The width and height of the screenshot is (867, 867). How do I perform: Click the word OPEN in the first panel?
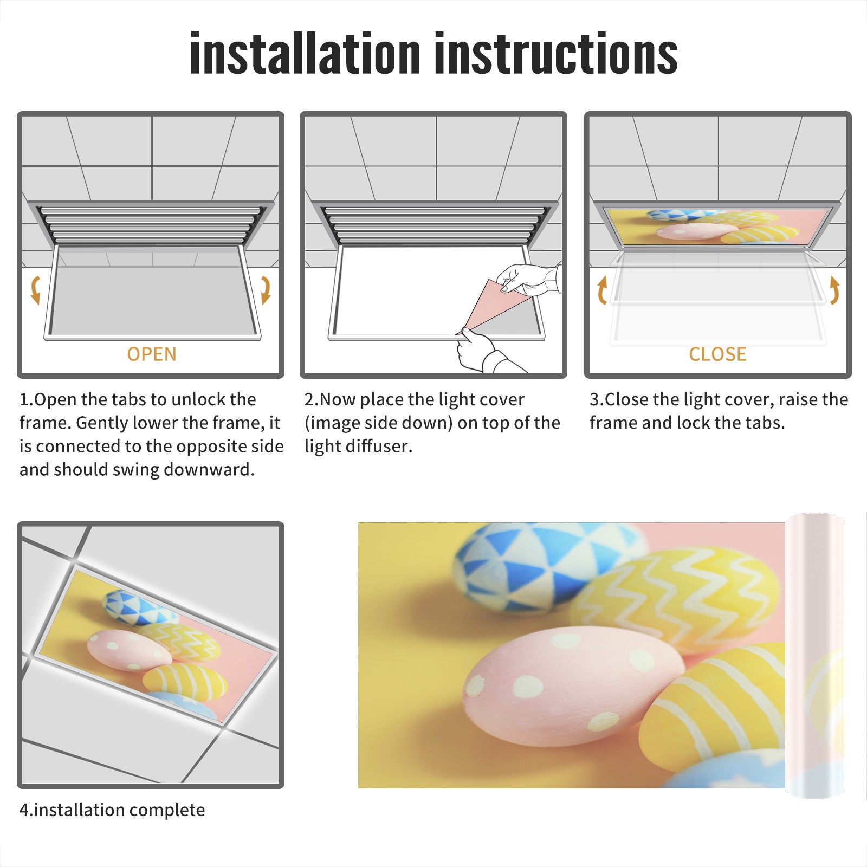[152, 354]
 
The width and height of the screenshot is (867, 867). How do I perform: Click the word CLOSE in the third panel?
[717, 354]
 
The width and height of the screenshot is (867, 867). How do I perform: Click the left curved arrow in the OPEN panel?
[35, 289]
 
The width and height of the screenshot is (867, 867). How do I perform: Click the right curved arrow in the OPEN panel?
[266, 289]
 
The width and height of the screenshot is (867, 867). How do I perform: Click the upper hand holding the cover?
[528, 279]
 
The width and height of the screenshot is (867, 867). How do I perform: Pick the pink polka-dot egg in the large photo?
[574, 688]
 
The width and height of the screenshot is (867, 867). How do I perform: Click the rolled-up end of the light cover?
[815, 656]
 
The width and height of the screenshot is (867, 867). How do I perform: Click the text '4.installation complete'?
[112, 810]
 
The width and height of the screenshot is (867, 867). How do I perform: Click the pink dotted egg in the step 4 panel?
[129, 649]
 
